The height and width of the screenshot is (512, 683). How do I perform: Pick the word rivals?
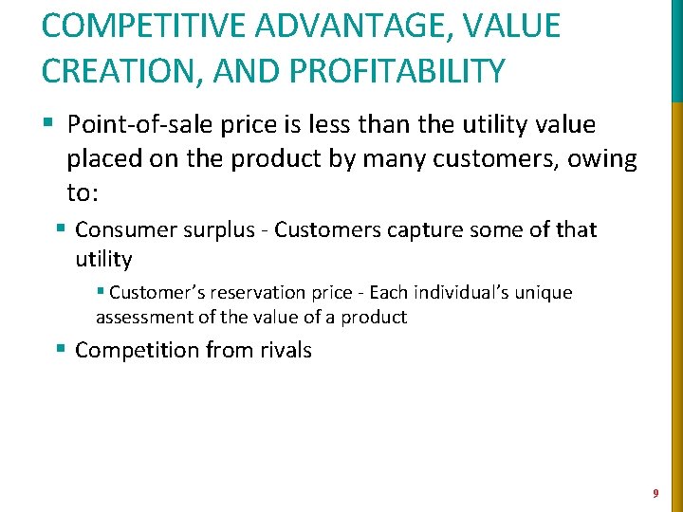[x=282, y=350]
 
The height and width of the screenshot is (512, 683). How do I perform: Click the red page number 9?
[x=655, y=493]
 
